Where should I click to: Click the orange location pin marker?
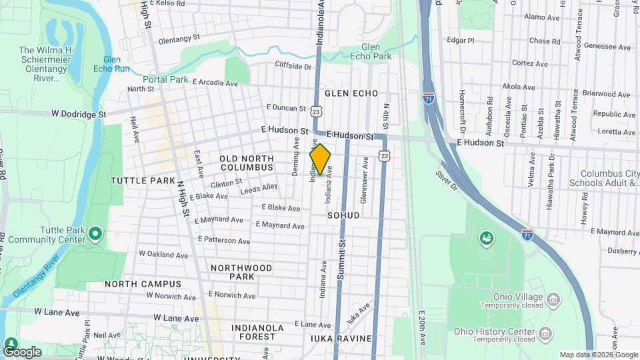(x=321, y=159)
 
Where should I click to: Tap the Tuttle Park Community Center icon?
(x=95, y=233)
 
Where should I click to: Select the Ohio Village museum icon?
(x=553, y=299)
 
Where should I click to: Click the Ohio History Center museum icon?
(x=545, y=333)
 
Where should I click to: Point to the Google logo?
(x=21, y=351)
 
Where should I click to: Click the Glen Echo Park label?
(x=375, y=52)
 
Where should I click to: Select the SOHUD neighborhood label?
(x=343, y=216)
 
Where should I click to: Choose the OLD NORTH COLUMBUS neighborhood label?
(x=247, y=163)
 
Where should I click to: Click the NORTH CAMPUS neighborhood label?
(x=143, y=284)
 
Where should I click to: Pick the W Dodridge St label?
(x=79, y=114)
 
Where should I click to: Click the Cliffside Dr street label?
(x=293, y=67)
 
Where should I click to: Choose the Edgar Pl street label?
(x=461, y=40)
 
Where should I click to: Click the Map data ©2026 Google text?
(x=597, y=355)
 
